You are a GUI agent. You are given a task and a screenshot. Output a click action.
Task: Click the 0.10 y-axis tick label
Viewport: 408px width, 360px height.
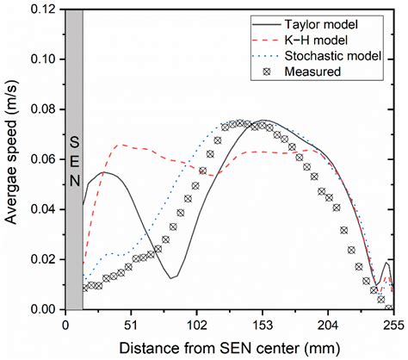[43, 59]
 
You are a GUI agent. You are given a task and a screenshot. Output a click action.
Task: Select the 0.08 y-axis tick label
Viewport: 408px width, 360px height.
[43, 109]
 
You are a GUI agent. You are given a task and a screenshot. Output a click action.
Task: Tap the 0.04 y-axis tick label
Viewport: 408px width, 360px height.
[43, 209]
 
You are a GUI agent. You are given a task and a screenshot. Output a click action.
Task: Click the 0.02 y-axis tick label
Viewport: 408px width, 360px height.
[43, 259]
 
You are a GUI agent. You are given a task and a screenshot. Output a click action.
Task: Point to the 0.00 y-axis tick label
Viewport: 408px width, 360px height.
[43, 309]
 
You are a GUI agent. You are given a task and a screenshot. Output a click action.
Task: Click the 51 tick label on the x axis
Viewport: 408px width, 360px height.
[130, 325]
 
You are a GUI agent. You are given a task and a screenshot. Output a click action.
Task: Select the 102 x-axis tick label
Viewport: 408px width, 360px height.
[196, 325]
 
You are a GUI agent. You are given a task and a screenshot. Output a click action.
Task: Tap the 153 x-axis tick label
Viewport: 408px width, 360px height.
[262, 325]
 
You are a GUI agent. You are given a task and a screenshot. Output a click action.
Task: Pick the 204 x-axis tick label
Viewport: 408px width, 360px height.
[328, 325]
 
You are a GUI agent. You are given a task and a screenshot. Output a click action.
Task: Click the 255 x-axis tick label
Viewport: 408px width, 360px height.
[393, 325]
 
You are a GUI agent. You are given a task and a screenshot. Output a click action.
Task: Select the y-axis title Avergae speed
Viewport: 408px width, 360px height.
[12, 159]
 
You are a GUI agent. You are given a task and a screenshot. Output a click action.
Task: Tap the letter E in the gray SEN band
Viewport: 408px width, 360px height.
[74, 159]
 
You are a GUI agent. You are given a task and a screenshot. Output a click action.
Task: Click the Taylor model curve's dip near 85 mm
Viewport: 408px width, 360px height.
[174, 277]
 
